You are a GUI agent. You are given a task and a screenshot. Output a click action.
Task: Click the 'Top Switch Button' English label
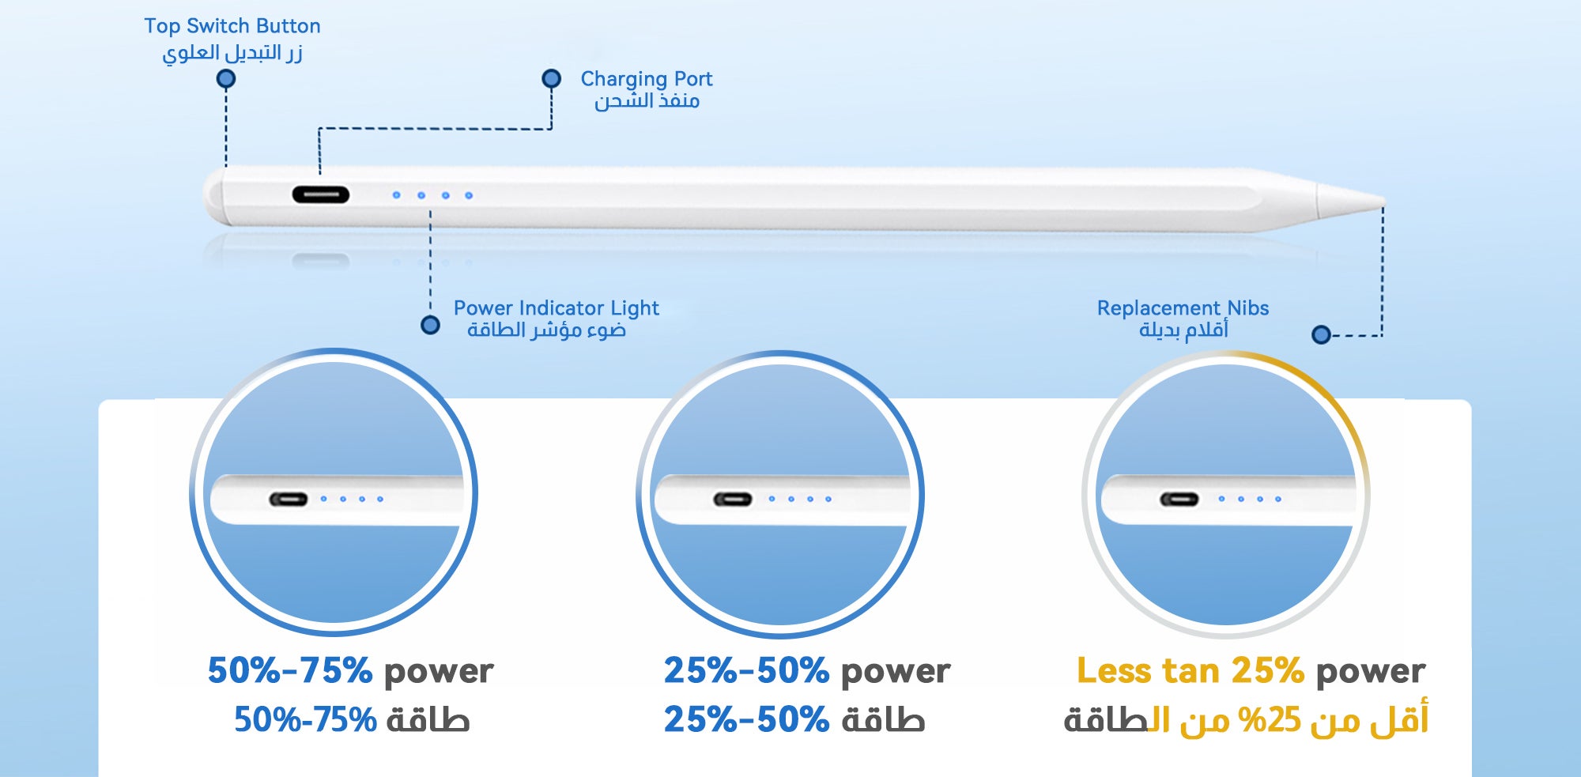tap(232, 26)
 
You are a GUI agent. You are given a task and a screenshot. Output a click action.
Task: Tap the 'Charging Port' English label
tap(647, 79)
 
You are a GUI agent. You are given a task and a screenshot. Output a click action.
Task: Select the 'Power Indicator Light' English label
tap(556, 308)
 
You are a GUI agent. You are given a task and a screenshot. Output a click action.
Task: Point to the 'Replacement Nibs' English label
tap(1183, 308)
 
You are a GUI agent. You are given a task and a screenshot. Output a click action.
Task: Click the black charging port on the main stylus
tap(321, 194)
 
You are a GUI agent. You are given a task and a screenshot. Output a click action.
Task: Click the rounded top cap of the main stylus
tap(213, 198)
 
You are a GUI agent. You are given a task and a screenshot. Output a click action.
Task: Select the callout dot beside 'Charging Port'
tap(551, 79)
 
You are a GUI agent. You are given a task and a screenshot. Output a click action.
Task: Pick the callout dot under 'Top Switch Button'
tap(226, 79)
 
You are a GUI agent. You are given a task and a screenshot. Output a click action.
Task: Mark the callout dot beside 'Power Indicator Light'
tap(430, 325)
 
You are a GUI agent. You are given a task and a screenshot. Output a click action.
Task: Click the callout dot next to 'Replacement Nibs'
tap(1321, 335)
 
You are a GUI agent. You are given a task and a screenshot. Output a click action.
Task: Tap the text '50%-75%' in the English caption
tap(290, 670)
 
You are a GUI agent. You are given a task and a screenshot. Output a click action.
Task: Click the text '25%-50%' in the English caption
tap(746, 670)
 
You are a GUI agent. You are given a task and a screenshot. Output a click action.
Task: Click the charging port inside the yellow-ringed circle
tap(1179, 500)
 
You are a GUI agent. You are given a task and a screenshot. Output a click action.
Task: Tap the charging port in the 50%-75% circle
tap(289, 500)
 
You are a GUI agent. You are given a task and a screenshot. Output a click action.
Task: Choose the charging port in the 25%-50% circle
tap(733, 500)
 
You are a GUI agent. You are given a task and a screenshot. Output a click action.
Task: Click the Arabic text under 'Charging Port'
tap(647, 101)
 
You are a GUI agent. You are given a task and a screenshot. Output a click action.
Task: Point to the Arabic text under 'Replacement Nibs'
tap(1183, 330)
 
